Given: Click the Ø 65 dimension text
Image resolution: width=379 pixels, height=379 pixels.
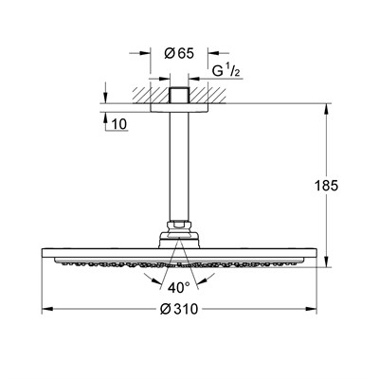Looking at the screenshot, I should tap(180, 53).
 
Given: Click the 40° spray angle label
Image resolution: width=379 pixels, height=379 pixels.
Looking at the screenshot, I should tap(180, 287).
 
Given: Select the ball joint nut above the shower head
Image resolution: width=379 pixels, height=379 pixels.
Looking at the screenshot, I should tap(180, 230).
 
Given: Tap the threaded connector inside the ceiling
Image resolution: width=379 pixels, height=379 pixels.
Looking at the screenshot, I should tap(180, 99).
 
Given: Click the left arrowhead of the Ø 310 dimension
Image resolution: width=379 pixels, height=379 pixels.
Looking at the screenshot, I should tap(46, 309).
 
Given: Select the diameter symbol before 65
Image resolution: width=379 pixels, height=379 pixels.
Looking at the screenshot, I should tap(169, 53).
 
